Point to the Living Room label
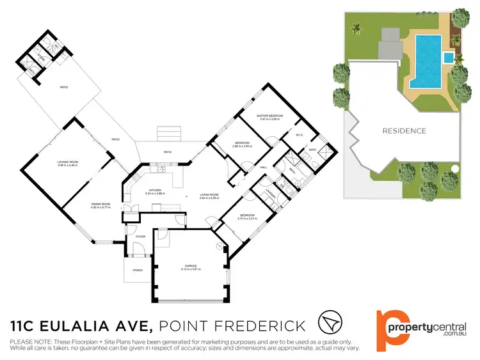209,194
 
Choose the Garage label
190,265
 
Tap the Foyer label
140,237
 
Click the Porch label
137,270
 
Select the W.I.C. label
300,135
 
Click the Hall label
263,168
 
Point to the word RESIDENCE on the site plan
404,131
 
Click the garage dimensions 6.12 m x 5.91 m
190,269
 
